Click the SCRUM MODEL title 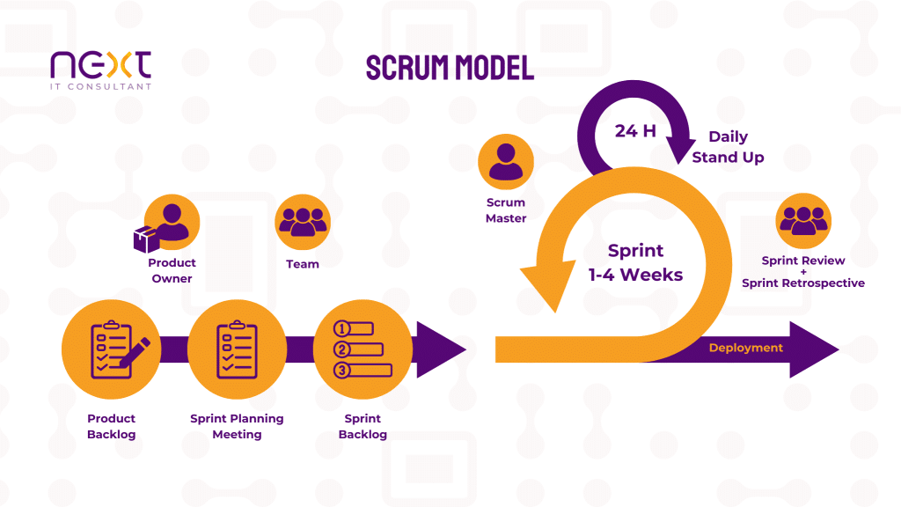coord(450,68)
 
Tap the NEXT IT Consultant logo coord(100,70)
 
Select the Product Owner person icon coord(172,223)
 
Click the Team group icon coord(303,223)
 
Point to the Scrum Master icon coord(505,162)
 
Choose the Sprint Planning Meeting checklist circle coord(237,349)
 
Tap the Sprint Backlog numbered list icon coord(363,349)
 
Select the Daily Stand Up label coord(728,147)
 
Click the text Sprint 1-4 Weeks coord(635,262)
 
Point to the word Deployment coord(745,348)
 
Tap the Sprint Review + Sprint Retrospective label coord(802,272)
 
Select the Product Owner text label coord(172,270)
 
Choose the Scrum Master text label coord(506,210)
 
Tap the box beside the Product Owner coord(143,239)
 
